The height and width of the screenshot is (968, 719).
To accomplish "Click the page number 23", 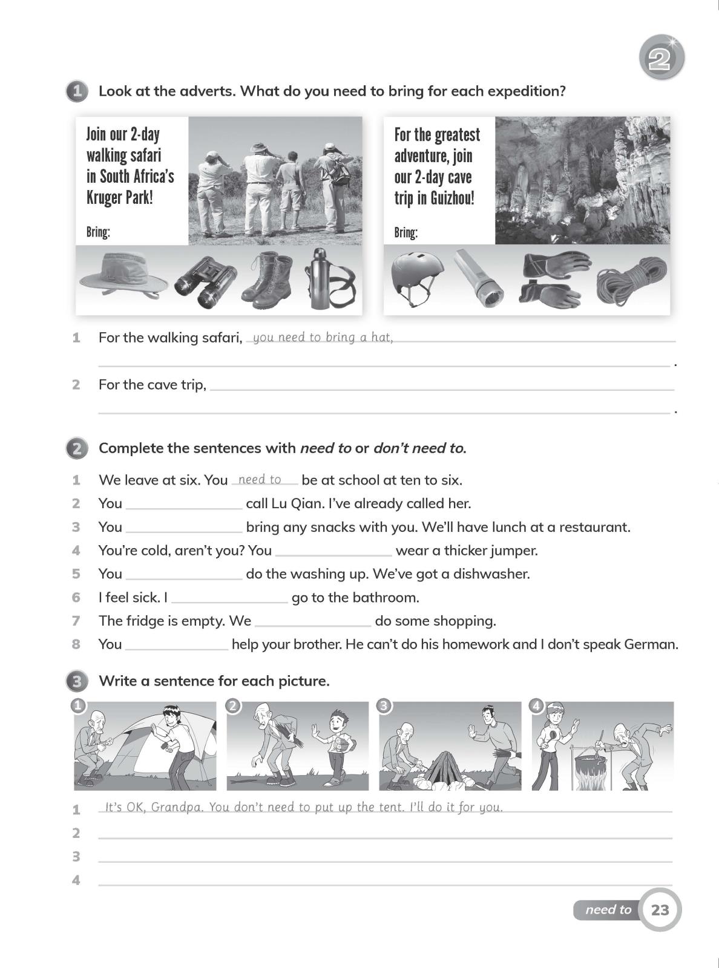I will pos(660,909).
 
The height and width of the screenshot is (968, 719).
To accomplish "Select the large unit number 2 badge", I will pos(661,59).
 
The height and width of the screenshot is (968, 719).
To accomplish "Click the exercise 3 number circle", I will pos(76,681).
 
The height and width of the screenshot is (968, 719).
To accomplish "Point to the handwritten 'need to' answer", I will pos(260,479).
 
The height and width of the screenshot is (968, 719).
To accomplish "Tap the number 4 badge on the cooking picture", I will pos(537,706).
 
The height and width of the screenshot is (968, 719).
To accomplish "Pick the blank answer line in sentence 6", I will pos(229,600).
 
